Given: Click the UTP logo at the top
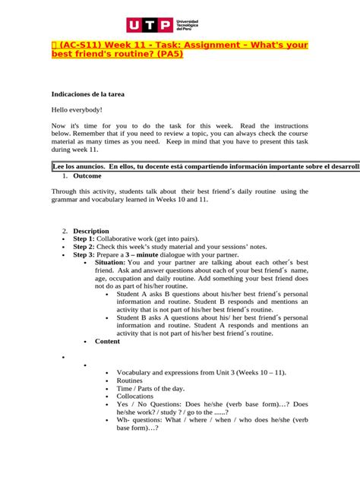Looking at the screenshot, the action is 179,25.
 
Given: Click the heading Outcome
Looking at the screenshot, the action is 87,175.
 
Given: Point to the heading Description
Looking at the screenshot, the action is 91,230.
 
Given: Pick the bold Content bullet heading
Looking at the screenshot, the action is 107,341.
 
